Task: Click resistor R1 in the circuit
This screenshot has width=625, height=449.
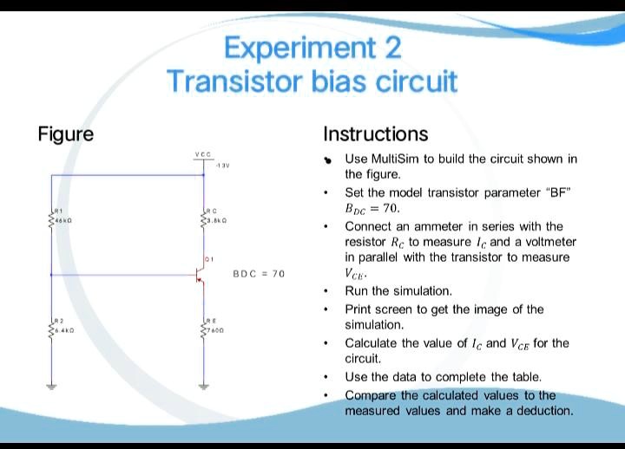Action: click(x=51, y=222)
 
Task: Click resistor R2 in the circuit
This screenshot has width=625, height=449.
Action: click(x=51, y=330)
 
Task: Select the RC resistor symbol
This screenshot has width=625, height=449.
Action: click(x=203, y=222)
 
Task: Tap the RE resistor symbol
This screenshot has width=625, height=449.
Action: click(x=203, y=330)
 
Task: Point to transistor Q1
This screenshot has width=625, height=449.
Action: click(x=201, y=276)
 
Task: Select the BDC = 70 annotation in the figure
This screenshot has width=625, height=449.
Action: click(x=259, y=274)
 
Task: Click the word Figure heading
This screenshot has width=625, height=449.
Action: click(x=66, y=133)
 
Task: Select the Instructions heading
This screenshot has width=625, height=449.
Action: click(x=375, y=133)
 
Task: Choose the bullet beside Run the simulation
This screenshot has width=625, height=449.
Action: click(x=326, y=291)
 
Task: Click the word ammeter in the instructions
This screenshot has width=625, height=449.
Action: click(x=438, y=226)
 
